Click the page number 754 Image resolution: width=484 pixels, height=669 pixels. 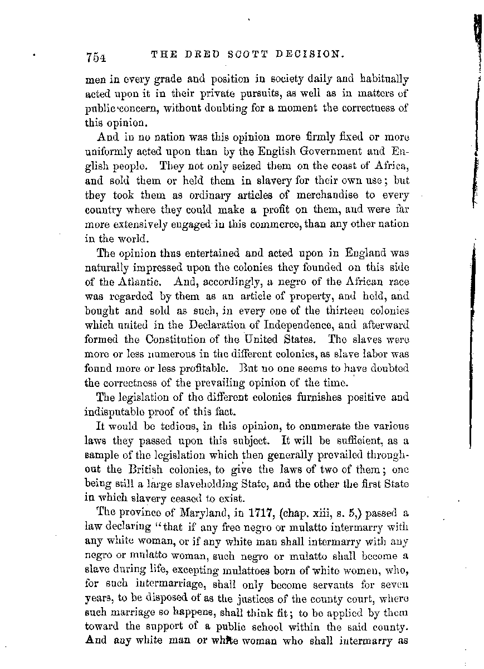96,57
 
